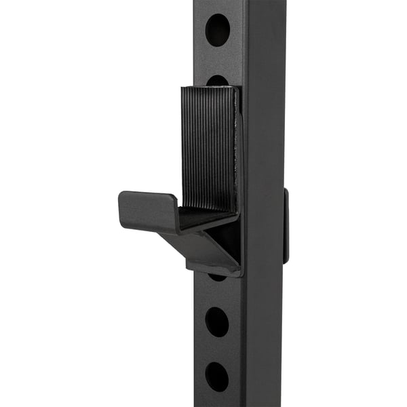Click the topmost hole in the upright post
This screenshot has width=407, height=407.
pos(218,29)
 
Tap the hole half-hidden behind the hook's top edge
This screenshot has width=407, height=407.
pos(218,81)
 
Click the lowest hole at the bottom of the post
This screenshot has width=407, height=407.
pos(218,376)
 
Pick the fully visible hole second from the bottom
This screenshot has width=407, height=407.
pos(218,321)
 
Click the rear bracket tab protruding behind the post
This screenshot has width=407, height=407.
pos(286,226)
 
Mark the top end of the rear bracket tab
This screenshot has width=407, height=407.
pos(286,191)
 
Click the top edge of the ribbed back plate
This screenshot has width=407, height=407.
pos(210,88)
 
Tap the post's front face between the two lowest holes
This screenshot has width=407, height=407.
pos(218,349)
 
